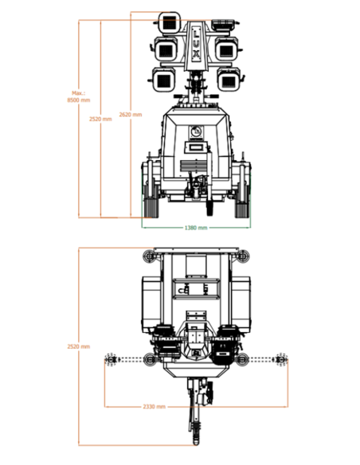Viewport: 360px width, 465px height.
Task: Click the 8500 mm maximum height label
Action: (x=79, y=97)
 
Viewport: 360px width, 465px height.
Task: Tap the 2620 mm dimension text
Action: (x=131, y=115)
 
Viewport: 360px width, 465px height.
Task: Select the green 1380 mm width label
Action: (x=196, y=228)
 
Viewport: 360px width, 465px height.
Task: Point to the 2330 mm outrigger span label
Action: (x=155, y=406)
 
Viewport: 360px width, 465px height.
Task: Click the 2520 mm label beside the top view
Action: (x=79, y=346)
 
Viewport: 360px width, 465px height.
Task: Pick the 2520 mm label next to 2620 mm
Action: (x=100, y=119)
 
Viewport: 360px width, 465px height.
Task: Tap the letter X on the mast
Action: (x=196, y=54)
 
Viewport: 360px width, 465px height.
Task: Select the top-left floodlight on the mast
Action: (x=170, y=23)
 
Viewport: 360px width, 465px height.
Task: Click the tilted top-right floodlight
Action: (x=225, y=25)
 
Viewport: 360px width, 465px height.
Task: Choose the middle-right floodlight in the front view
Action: (x=226, y=49)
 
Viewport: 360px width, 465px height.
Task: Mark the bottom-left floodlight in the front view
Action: (x=163, y=80)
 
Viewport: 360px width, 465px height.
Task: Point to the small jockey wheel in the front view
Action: (x=210, y=208)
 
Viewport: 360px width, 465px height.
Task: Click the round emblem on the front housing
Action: (x=196, y=131)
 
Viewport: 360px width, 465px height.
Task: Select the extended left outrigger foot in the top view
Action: (x=111, y=359)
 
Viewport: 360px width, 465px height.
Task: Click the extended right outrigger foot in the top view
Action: (x=281, y=359)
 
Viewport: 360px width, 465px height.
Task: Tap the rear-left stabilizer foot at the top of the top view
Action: (x=150, y=256)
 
